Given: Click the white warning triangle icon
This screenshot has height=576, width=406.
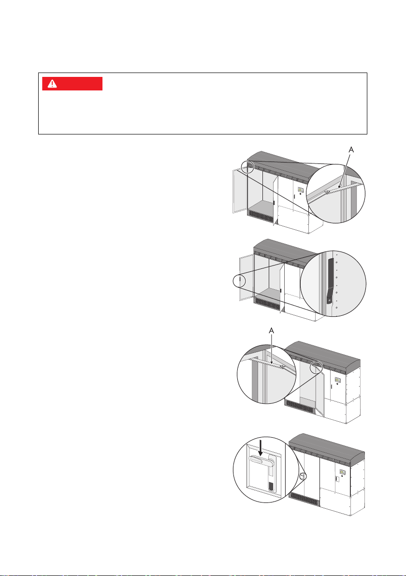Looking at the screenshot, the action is point(53,84).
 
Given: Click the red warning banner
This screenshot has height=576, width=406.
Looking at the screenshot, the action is point(72,84).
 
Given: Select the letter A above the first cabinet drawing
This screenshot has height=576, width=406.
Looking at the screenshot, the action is point(351,150).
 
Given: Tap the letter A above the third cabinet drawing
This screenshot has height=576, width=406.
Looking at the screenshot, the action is point(272,331).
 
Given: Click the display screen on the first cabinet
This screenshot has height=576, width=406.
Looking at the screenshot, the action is point(300,190).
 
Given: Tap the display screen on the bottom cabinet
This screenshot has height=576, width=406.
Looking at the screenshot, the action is point(342,472).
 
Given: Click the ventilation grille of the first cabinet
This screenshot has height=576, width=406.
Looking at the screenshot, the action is point(261,215).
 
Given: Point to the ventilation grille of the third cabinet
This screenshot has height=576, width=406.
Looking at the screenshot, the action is point(300,406).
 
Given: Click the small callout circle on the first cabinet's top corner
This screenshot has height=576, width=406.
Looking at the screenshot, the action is point(248,166).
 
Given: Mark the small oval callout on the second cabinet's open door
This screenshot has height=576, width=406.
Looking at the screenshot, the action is point(239,281).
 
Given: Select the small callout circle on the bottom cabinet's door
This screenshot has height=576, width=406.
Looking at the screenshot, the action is point(303,476).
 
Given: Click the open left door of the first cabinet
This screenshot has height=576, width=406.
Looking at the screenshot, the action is point(240,191).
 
